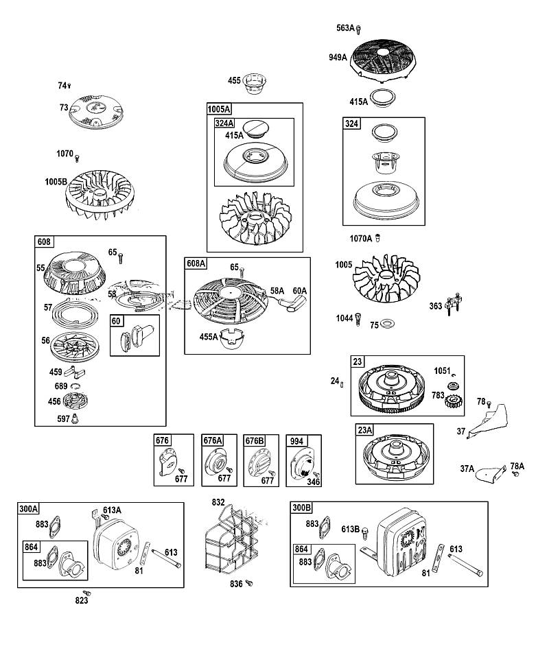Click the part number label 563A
click(345, 28)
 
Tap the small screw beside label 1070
click(77, 158)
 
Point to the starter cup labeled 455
click(254, 84)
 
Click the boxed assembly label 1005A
click(219, 109)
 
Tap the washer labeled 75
click(388, 323)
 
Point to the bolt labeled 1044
click(359, 319)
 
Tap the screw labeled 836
click(248, 583)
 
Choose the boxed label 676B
click(255, 440)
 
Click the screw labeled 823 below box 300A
click(86, 593)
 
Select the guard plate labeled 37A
click(490, 475)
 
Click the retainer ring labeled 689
click(75, 386)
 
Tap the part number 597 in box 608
click(63, 419)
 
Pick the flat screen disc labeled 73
click(96, 111)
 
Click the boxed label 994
click(296, 441)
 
